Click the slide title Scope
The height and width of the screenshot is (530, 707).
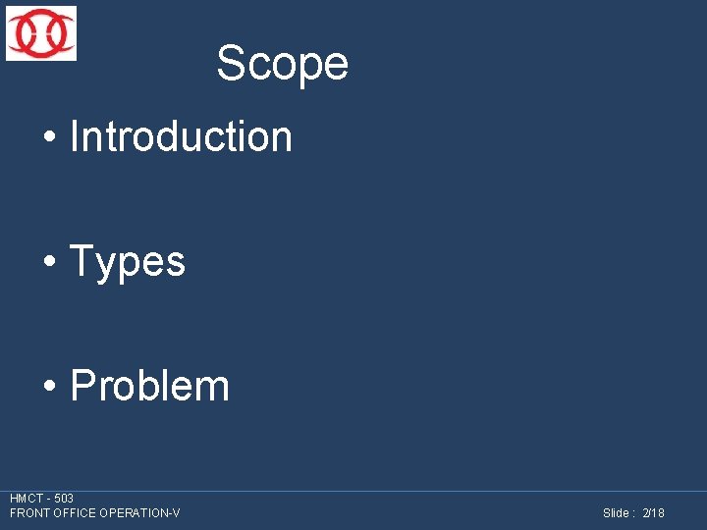coord(282,64)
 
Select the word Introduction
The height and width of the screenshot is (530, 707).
coord(182,136)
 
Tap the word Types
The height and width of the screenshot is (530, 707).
coord(128,262)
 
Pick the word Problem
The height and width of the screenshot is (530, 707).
coord(150,386)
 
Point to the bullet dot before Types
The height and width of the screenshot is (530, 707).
coord(48,263)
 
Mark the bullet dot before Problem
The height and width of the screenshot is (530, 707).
coord(48,388)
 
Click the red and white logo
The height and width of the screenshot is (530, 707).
coord(40,33)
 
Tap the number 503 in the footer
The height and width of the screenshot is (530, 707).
coord(64,499)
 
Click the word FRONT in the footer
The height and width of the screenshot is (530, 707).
coord(28,513)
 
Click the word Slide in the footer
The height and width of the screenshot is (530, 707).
coord(616,513)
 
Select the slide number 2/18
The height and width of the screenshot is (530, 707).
coord(653,513)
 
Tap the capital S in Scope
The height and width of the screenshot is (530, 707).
coord(230,64)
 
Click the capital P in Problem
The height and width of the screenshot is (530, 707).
coord(82,386)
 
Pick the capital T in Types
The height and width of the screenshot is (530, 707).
coord(82,262)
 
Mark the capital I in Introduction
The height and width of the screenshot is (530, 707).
coord(75,136)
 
